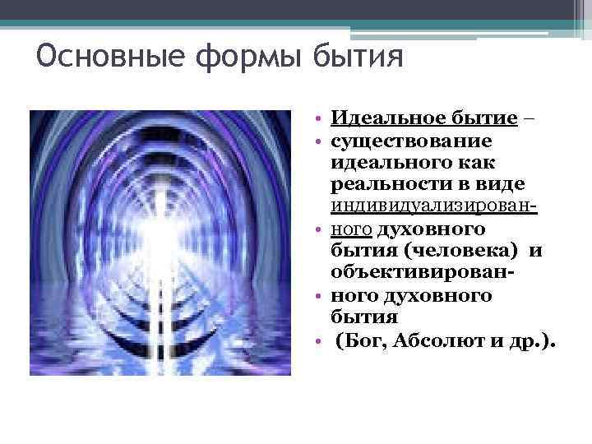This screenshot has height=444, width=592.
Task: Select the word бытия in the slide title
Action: (x=358, y=60)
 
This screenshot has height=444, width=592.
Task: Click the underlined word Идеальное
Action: (x=379, y=119)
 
